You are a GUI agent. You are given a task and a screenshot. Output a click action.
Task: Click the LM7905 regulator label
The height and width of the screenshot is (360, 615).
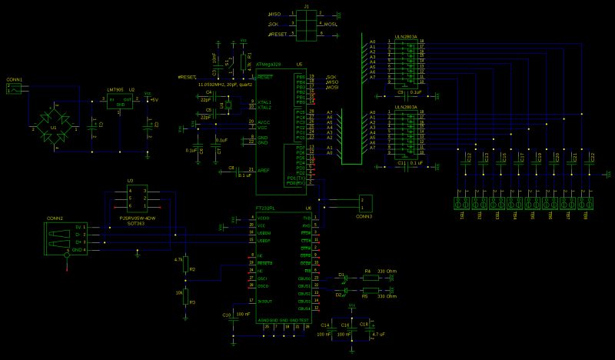117,90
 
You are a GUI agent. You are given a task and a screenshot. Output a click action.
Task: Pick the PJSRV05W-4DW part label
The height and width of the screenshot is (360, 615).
138,218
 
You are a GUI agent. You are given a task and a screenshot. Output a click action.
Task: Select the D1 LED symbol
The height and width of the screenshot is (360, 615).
344,277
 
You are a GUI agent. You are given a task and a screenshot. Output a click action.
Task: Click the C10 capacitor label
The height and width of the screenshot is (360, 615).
225,315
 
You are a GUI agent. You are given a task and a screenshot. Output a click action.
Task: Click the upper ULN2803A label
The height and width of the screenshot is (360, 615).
405,34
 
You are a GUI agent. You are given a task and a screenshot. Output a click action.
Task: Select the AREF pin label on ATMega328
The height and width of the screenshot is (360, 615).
261,169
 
